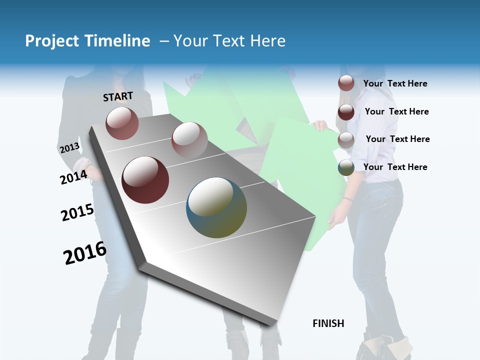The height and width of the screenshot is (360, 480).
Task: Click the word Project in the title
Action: pyautogui.click(x=52, y=41)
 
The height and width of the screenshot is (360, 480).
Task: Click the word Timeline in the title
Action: pyautogui.click(x=118, y=41)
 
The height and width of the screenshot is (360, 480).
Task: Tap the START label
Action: pyautogui.click(x=118, y=96)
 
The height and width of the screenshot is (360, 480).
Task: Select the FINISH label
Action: pyautogui.click(x=328, y=323)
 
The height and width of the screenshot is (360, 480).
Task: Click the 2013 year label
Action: pyautogui.click(x=69, y=148)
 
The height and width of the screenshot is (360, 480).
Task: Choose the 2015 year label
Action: pyautogui.click(x=77, y=212)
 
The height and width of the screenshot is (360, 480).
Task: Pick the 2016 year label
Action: pyautogui.click(x=85, y=252)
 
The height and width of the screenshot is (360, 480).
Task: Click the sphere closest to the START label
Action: pyautogui.click(x=122, y=123)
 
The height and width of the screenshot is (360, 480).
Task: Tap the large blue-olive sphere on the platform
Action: pyautogui.click(x=216, y=207)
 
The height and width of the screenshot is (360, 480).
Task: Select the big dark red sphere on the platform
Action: pyautogui.click(x=145, y=180)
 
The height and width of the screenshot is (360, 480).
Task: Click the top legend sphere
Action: pyautogui.click(x=346, y=83)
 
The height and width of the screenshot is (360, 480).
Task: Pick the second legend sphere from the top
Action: pyautogui.click(x=346, y=111)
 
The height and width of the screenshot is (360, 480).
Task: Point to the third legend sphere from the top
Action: pyautogui.click(x=346, y=139)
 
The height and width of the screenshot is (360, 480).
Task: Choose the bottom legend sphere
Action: pyautogui.click(x=346, y=167)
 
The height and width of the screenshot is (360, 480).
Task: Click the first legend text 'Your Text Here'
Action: pyautogui.click(x=395, y=83)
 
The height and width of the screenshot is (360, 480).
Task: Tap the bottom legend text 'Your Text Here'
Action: pyautogui.click(x=395, y=167)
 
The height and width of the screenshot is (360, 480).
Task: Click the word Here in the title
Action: pyautogui.click(x=267, y=41)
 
